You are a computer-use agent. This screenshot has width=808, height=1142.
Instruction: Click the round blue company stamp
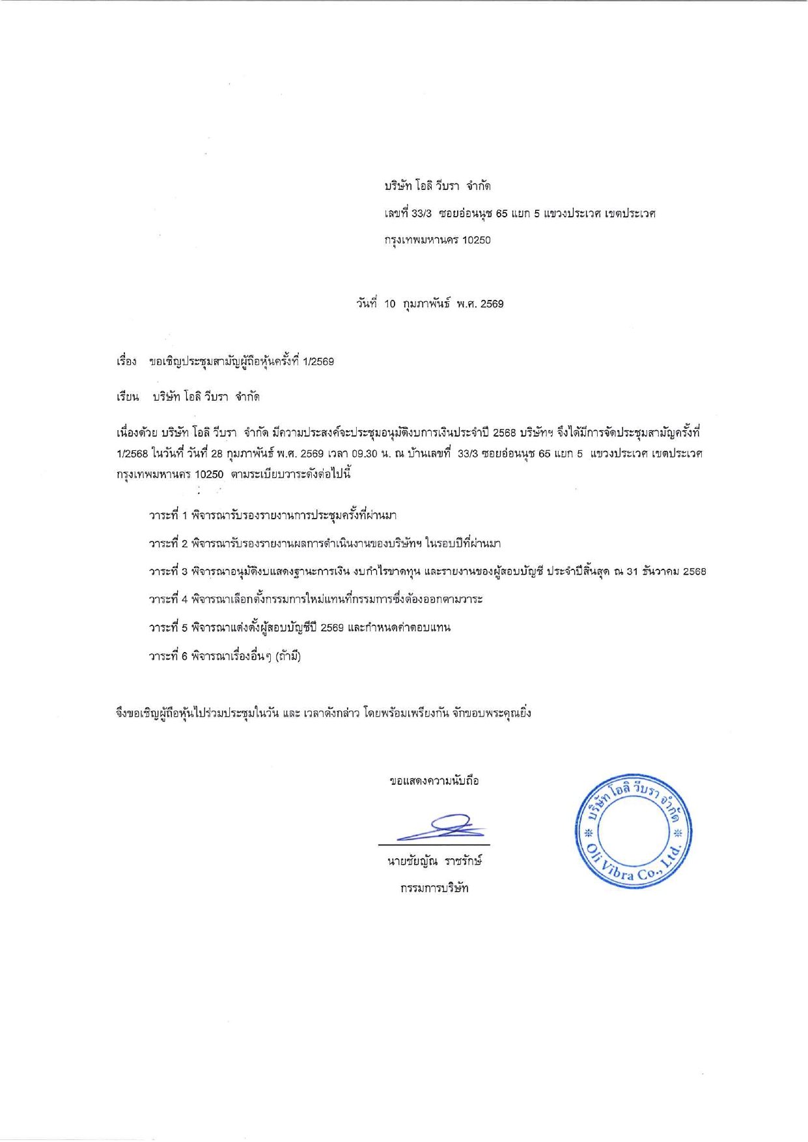tap(633, 831)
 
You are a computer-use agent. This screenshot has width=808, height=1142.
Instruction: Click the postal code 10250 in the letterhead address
tap(476, 240)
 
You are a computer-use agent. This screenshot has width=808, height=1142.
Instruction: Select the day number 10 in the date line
tap(389, 304)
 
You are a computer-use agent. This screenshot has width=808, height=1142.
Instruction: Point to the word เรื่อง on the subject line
tap(126, 361)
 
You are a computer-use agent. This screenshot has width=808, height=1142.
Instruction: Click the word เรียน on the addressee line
tap(128, 397)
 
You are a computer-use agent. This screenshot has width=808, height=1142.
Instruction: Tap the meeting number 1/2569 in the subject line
tap(318, 361)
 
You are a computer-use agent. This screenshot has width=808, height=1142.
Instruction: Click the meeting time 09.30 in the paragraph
tap(365, 454)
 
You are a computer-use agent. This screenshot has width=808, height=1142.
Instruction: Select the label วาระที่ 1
tap(168, 515)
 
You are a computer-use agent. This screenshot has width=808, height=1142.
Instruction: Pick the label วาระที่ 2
tap(168, 543)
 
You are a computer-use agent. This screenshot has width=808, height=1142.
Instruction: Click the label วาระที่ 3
tap(168, 571)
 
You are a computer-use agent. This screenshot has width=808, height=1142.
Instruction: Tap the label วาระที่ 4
tap(168, 599)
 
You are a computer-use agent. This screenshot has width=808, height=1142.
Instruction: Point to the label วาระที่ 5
tap(168, 628)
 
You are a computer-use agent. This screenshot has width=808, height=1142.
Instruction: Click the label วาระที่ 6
tap(168, 657)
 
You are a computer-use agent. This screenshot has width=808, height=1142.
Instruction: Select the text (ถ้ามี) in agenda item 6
tap(288, 657)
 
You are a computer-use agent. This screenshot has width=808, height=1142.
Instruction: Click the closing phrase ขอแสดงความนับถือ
tap(434, 781)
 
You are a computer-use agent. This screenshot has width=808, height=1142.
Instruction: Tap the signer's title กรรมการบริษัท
tap(434, 888)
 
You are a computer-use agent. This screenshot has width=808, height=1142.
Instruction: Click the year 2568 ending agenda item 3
tap(694, 571)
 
